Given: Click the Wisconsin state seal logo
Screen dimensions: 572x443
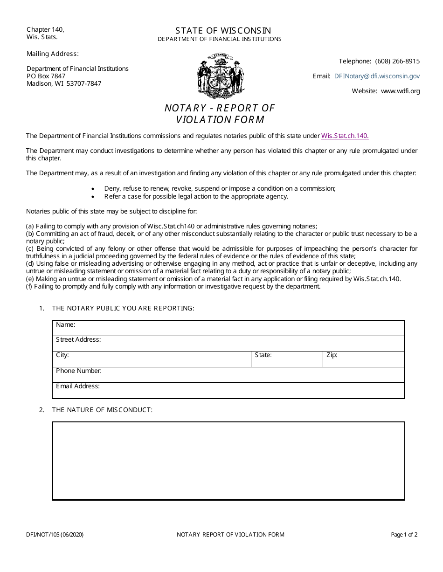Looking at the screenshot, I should (220, 76).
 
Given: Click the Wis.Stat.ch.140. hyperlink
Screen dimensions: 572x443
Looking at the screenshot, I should (345, 136).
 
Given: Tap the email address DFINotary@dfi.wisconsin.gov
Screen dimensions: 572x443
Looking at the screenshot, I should (377, 76).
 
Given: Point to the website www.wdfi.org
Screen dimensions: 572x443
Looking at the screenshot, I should (400, 91).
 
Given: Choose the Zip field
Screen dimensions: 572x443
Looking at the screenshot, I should (364, 359).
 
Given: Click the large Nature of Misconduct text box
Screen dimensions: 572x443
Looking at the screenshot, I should (228, 461).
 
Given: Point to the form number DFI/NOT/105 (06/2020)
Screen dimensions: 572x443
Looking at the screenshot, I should (55, 535).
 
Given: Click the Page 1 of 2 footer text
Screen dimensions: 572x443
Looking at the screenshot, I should (404, 535).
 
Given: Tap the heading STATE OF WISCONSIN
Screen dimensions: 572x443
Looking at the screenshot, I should (220, 30).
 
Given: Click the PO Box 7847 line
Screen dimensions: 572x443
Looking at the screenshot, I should (46, 76).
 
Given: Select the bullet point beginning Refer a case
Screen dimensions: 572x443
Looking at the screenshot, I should (196, 196).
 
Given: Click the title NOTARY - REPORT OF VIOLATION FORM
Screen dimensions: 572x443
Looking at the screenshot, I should (220, 114).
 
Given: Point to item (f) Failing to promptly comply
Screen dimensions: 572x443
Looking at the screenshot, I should (173, 286).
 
